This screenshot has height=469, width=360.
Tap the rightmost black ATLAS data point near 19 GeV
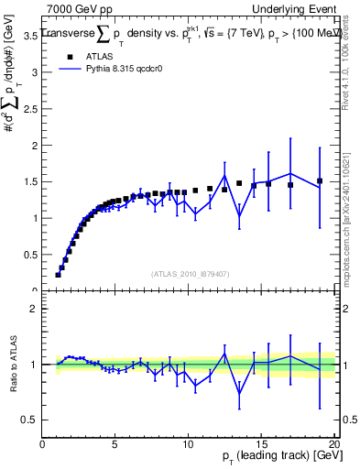point(320,181)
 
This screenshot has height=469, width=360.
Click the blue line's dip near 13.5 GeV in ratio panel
point(239,394)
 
